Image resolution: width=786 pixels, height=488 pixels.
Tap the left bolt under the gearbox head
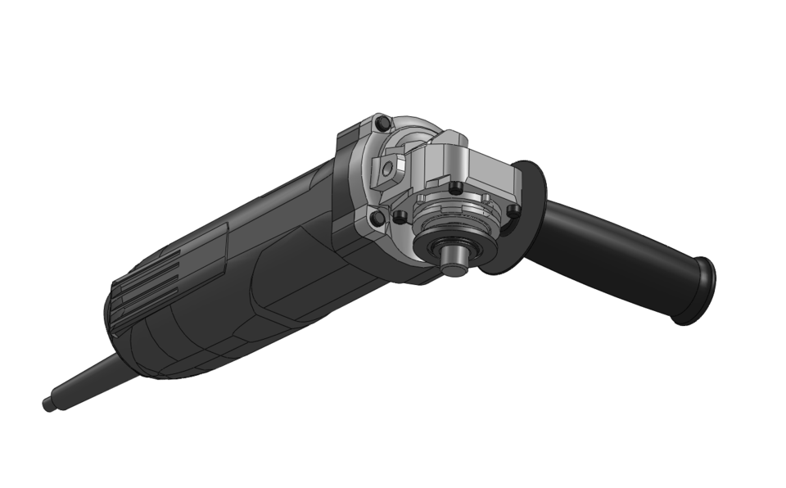[400, 217]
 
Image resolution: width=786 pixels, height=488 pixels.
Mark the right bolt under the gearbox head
[513, 211]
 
